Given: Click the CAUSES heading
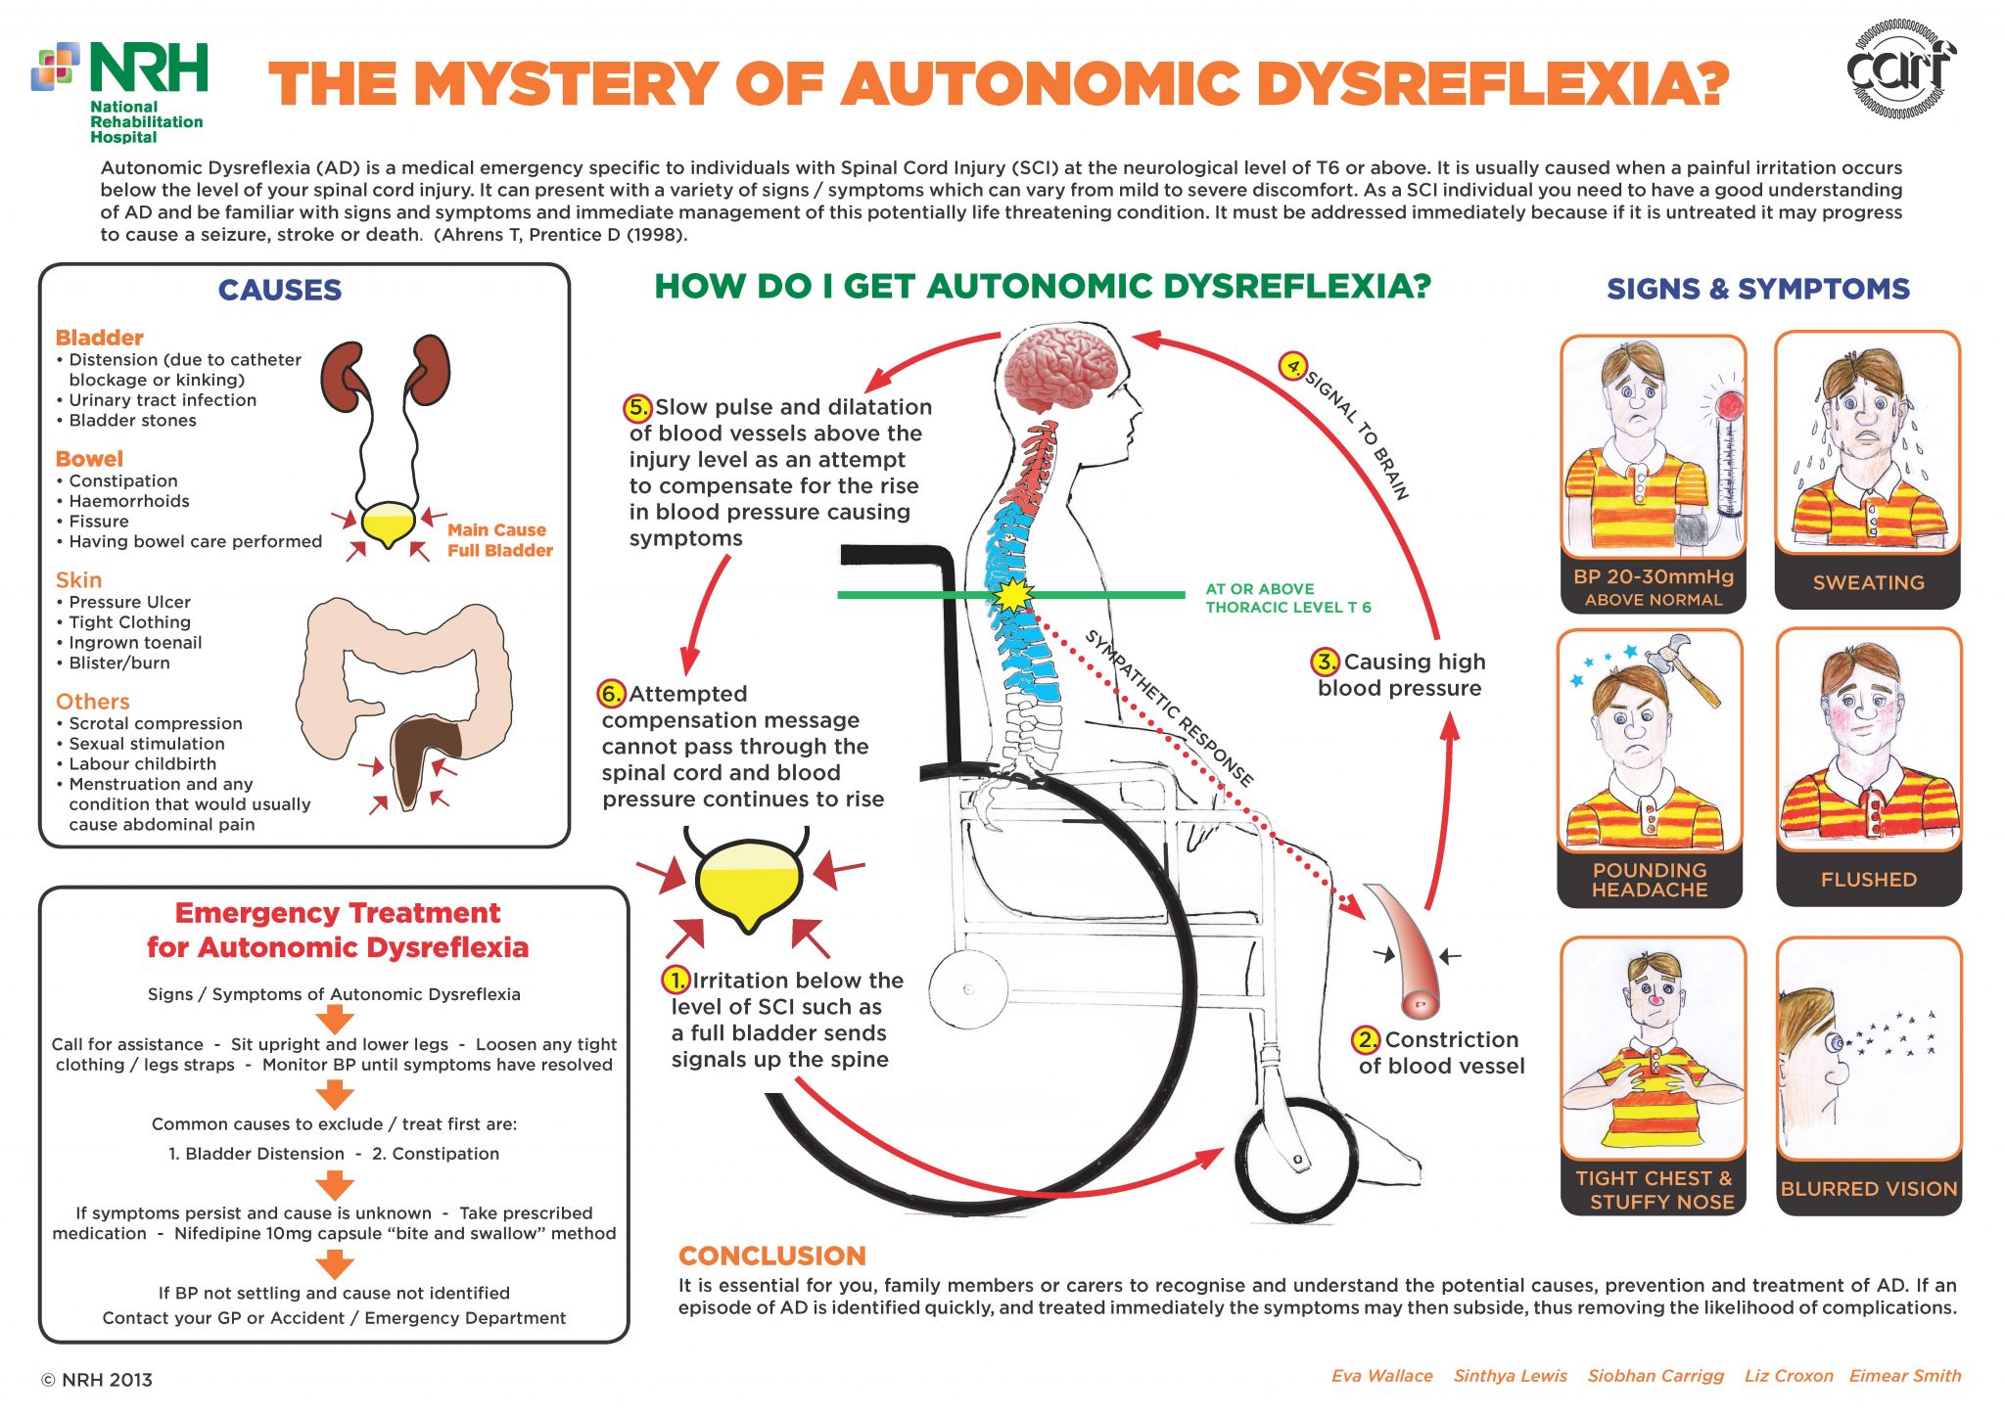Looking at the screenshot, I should (280, 290).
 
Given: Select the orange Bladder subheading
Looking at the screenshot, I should (99, 338).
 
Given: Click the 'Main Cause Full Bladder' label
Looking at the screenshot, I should (499, 540).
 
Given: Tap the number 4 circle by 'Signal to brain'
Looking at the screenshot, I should (1293, 367).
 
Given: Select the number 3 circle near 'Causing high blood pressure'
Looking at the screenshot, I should (1325, 662).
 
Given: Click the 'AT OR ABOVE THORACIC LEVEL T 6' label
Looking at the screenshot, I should (1287, 598).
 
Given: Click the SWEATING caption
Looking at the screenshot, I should (1868, 582).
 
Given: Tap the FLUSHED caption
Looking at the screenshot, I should (1868, 880).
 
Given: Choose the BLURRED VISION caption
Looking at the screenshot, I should (1868, 1189).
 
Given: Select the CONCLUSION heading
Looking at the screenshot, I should (771, 1256).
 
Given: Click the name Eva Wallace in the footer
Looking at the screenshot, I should (1381, 1376).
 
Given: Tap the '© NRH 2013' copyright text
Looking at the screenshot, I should (97, 1380).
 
